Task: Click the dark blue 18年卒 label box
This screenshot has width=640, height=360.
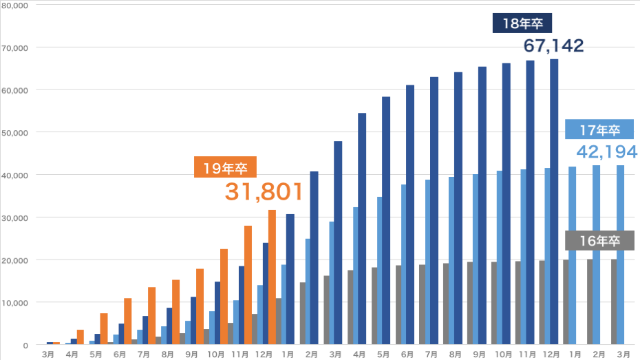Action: tap(523, 23)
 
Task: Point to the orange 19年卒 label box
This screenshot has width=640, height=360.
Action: tap(225, 167)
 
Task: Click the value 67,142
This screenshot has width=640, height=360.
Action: tap(553, 46)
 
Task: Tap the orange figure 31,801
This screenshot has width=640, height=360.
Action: tap(264, 192)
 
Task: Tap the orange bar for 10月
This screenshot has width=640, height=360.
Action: tap(224, 297)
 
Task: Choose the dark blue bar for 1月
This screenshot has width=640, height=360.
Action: tap(290, 279)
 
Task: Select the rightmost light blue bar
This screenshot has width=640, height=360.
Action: tap(621, 255)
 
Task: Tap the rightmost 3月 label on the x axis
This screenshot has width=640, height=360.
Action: tap(621, 354)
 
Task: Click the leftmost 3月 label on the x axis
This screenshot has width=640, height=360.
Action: tap(47, 354)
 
